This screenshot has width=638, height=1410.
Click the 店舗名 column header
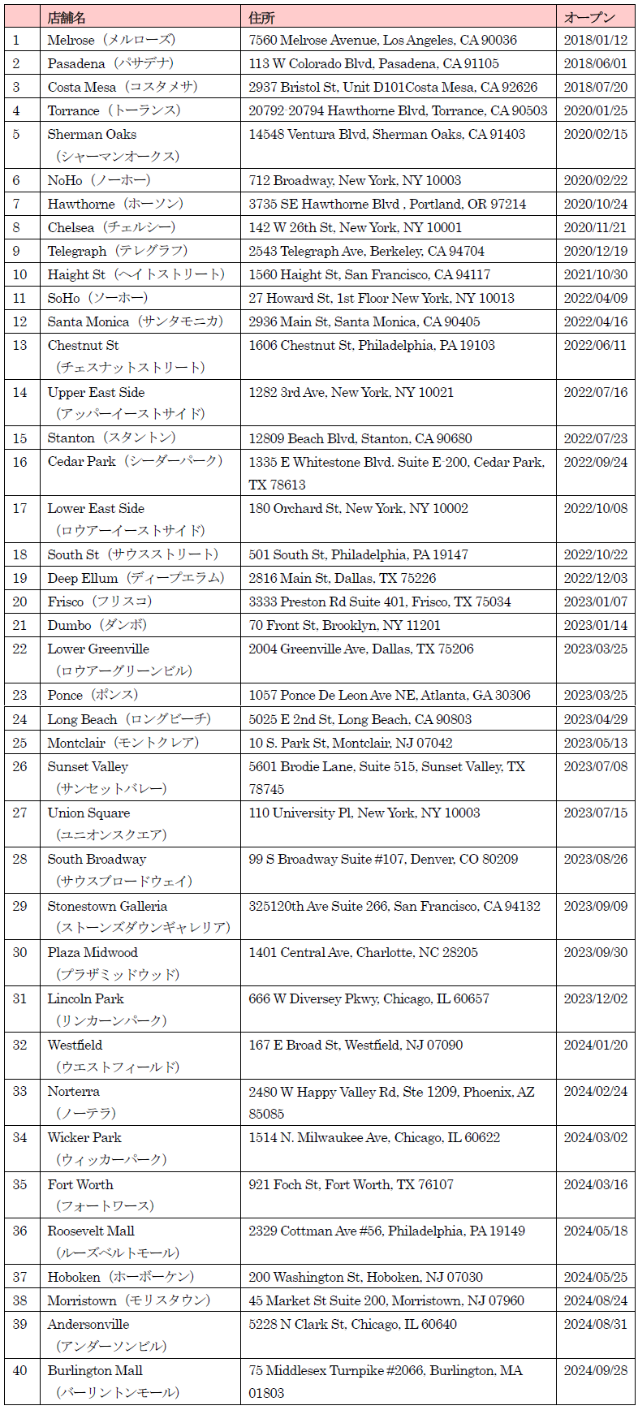tap(67, 17)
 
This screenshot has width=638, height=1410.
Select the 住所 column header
tap(261, 17)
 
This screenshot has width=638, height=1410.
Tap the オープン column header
tap(589, 17)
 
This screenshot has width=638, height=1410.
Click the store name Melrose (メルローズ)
tap(111, 40)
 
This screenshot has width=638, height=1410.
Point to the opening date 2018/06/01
tap(595, 63)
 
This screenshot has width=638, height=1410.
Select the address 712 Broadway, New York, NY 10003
tap(355, 180)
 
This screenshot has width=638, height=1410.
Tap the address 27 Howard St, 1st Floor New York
tap(382, 298)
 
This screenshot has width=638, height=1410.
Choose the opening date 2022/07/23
tap(595, 438)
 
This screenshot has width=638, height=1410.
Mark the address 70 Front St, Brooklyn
tap(344, 625)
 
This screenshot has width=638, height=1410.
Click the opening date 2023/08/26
tap(595, 859)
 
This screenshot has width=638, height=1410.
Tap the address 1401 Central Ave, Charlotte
tap(363, 952)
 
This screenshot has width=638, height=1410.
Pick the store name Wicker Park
tap(84, 1137)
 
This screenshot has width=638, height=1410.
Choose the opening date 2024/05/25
tap(595, 1277)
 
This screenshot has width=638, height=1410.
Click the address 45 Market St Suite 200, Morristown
tap(386, 1300)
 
